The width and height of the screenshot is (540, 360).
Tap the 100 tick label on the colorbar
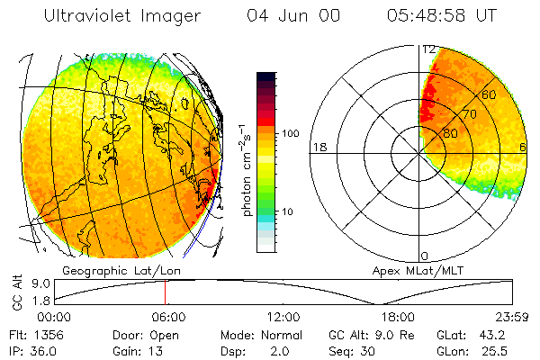290,133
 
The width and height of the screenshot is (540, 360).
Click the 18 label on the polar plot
318,147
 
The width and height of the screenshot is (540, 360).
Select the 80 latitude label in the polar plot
450,134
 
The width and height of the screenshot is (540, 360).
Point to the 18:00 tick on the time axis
398,317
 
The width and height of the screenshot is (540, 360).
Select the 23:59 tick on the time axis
511,317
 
